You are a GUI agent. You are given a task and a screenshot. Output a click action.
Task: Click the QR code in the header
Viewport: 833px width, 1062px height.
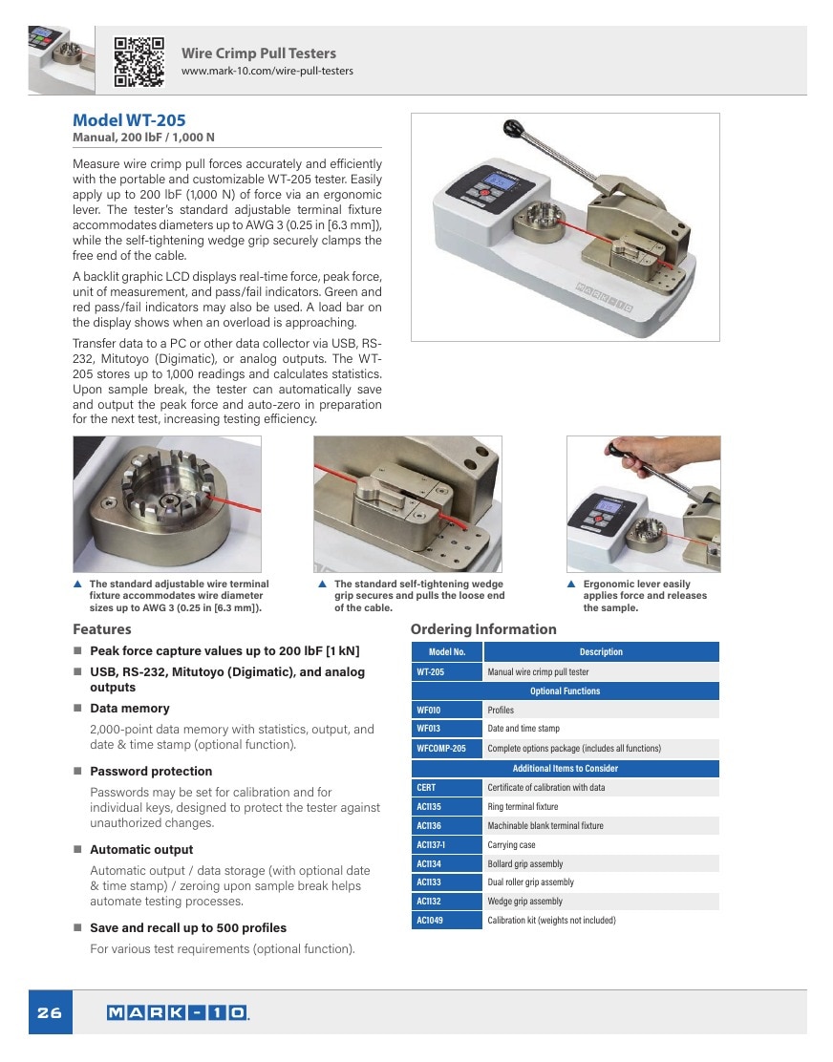pyautogui.click(x=139, y=62)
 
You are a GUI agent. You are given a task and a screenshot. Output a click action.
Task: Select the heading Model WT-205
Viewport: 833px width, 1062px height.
pyautogui.click(x=129, y=120)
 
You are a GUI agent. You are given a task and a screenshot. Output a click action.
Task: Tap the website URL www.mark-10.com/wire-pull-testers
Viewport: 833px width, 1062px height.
pyautogui.click(x=267, y=71)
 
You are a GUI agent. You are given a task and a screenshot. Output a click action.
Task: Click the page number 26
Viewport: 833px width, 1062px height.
pyautogui.click(x=50, y=1012)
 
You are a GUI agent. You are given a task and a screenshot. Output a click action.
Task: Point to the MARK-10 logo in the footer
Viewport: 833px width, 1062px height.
pyautogui.click(x=178, y=1012)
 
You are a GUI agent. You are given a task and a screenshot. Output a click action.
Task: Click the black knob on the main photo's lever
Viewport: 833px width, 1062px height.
pyautogui.click(x=514, y=127)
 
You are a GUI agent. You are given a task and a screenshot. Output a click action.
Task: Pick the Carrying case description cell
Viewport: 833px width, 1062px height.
pyautogui.click(x=601, y=844)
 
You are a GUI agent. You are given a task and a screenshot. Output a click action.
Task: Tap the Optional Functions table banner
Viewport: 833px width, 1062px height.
pyautogui.click(x=565, y=690)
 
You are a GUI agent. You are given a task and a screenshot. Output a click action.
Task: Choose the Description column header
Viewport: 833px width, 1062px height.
pyautogui.click(x=601, y=651)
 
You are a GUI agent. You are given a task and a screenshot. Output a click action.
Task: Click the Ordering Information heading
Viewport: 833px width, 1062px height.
pyautogui.click(x=483, y=629)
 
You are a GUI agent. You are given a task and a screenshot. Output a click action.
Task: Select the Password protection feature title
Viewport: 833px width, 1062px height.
pyautogui.click(x=151, y=771)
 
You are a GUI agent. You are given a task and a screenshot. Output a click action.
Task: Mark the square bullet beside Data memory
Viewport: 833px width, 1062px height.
pyautogui.click(x=78, y=708)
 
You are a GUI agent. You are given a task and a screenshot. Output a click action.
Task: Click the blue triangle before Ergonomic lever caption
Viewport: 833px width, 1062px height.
pyautogui.click(x=571, y=584)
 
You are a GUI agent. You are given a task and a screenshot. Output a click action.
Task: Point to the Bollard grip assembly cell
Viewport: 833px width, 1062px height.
pyautogui.click(x=601, y=863)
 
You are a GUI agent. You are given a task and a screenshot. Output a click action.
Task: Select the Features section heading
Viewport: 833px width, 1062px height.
pyautogui.click(x=102, y=629)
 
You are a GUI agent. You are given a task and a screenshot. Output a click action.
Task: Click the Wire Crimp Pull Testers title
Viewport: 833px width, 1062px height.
pyautogui.click(x=259, y=53)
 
